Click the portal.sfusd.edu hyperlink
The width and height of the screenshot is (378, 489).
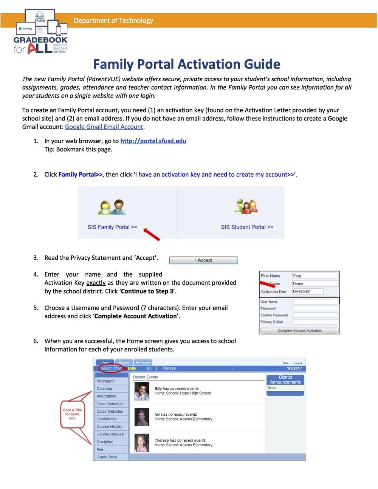153,141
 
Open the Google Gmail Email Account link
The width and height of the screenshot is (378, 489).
104,127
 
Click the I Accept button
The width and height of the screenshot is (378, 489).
203,260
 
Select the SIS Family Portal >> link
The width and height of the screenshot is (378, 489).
112,227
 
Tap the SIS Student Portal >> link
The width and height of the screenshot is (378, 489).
247,227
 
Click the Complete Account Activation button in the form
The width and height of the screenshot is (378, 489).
299,331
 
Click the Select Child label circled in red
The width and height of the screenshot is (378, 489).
111,368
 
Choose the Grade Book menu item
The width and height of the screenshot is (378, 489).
107,457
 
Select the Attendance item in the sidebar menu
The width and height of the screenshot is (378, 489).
106,396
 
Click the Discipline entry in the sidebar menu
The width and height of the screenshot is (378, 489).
105,442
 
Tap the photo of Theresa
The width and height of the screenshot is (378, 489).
142,443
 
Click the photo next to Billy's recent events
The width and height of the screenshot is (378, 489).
142,391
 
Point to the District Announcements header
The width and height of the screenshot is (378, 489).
285,380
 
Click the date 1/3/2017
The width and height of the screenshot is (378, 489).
294,368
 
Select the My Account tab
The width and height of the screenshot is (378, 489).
143,362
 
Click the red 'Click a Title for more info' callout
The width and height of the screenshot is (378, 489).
72,414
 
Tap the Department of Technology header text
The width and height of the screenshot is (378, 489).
113,20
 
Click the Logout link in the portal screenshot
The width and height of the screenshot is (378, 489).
297,363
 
